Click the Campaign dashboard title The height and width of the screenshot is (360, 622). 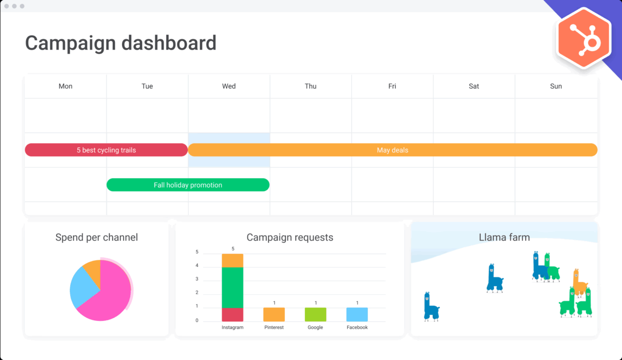click(x=120, y=43)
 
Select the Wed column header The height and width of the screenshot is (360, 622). click(x=229, y=86)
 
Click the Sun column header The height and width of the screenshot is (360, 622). click(x=556, y=86)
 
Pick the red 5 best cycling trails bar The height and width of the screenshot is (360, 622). click(x=106, y=150)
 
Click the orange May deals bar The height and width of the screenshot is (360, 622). click(x=392, y=150)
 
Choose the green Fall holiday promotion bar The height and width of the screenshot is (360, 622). click(x=187, y=185)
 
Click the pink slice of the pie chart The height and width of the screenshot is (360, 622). click(x=111, y=293)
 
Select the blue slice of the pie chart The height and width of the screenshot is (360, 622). click(x=83, y=287)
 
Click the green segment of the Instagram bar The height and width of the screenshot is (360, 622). click(x=232, y=287)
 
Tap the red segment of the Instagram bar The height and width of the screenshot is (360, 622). click(x=232, y=314)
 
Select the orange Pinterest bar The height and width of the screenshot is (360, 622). click(x=274, y=314)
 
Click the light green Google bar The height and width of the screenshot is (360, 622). click(x=315, y=314)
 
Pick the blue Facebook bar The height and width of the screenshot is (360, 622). click(x=357, y=314)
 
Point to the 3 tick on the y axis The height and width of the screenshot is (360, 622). click(x=197, y=279)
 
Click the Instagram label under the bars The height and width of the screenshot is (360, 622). click(x=232, y=328)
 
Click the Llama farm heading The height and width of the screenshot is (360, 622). click(x=504, y=237)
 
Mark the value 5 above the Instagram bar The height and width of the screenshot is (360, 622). click(x=233, y=249)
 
